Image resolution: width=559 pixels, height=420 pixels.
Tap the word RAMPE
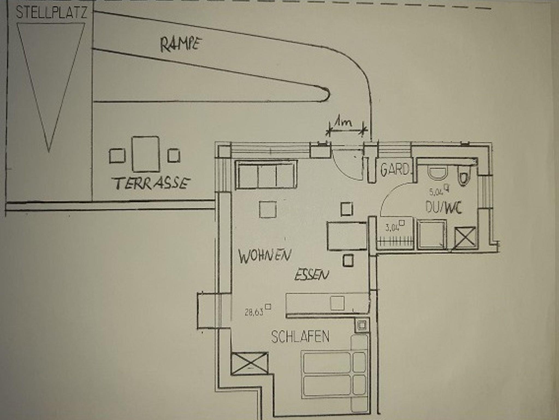point(181,44)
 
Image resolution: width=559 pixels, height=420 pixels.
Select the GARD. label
point(395,169)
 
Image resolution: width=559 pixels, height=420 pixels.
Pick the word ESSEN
point(312,274)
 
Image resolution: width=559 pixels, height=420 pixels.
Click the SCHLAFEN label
point(300,337)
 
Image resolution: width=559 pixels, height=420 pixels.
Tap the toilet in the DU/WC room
point(464,176)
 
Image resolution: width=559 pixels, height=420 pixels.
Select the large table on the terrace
point(145,154)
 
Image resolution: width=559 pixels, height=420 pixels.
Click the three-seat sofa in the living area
point(266,175)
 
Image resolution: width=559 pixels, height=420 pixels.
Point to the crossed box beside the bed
point(249,363)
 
